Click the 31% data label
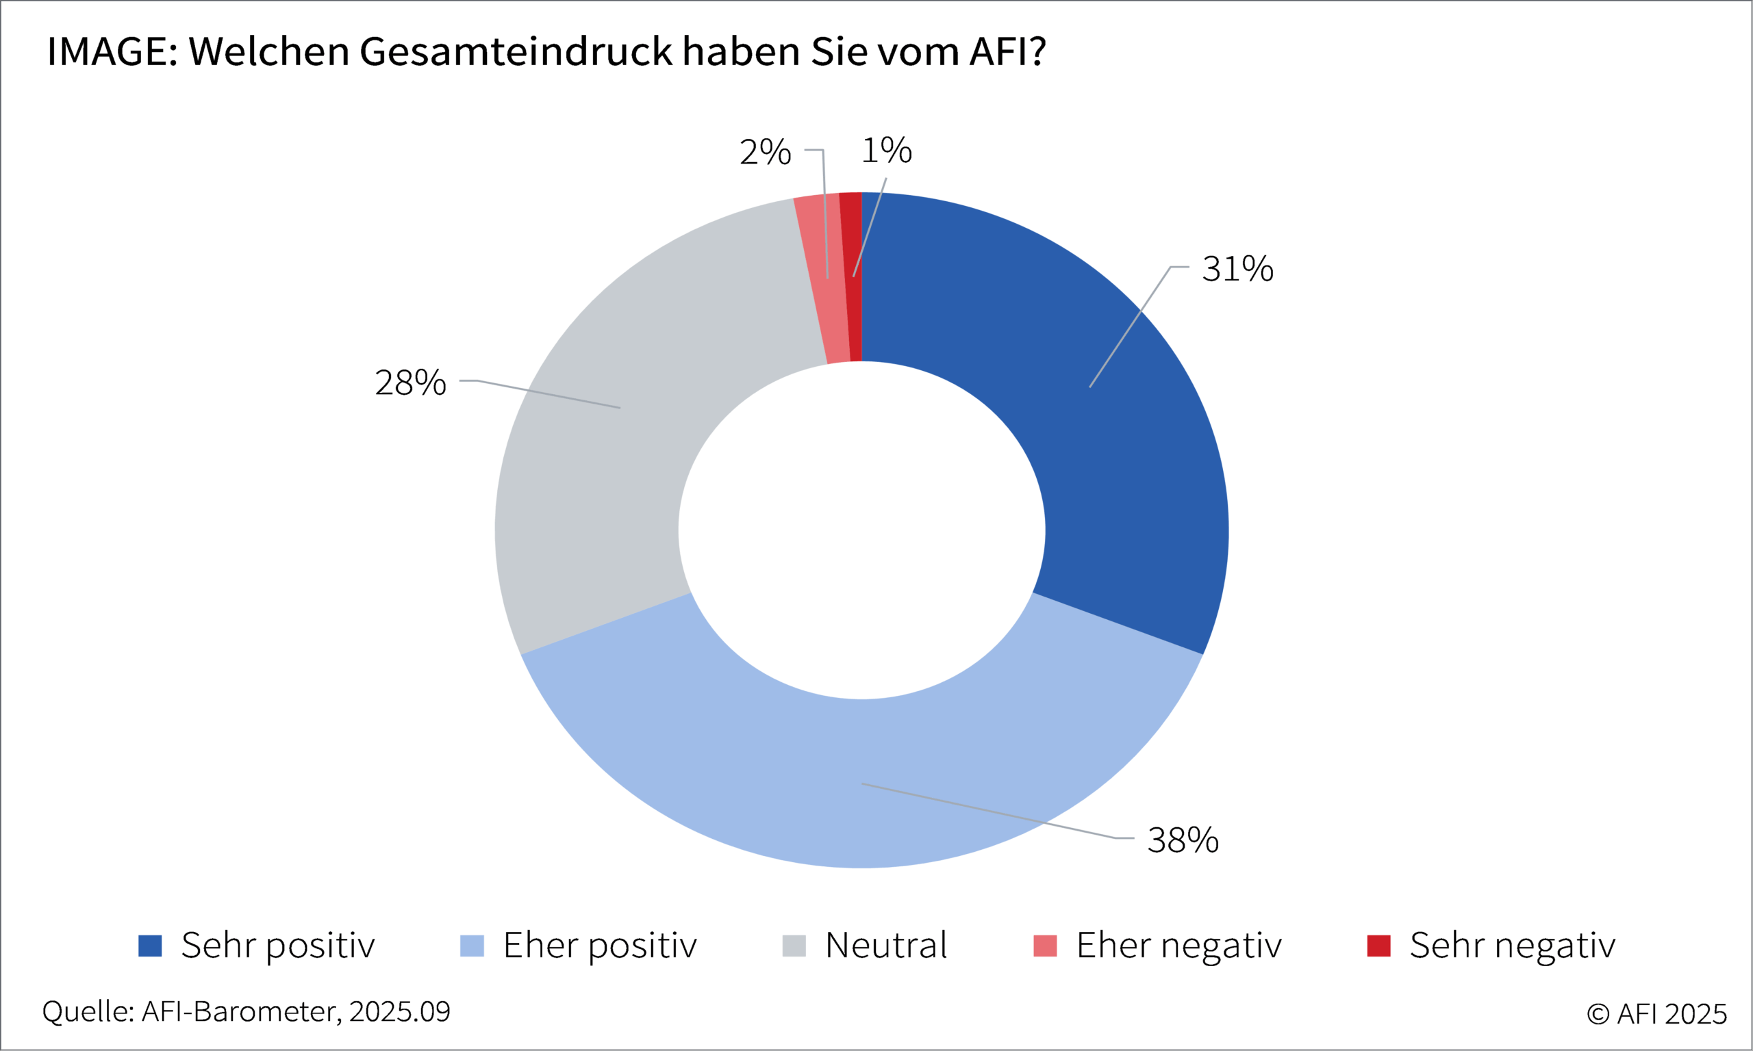1237,269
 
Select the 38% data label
1183,841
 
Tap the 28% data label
410,383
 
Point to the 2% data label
765,153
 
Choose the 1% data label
886,151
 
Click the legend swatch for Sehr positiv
149,946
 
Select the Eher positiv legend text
599,946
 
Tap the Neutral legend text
885,946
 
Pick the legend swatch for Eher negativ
1045,946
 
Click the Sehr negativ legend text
1512,946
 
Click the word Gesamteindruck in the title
516,52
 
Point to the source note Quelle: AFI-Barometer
246,1012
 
